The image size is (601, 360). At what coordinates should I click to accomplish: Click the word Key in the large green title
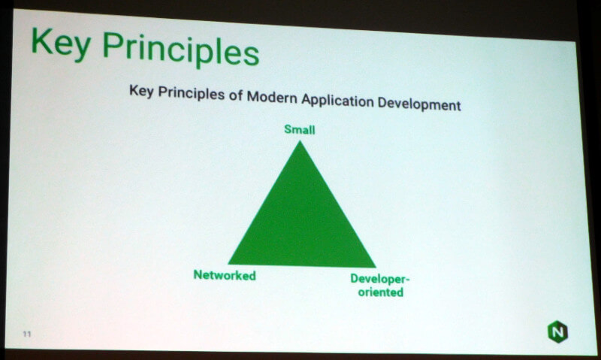tap(62, 44)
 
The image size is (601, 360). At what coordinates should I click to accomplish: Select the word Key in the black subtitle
tap(141, 91)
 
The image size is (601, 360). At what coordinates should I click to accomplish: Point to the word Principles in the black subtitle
tap(192, 93)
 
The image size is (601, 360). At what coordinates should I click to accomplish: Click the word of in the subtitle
tap(236, 95)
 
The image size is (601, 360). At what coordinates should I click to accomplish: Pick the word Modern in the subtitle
tap(272, 97)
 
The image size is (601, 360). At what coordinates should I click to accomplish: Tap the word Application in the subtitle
tap(337, 101)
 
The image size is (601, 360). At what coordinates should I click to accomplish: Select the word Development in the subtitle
tap(419, 104)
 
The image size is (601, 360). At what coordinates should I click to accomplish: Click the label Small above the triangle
tap(300, 129)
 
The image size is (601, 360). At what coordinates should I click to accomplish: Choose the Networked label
tap(225, 275)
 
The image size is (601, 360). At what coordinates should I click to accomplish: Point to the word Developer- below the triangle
tap(380, 279)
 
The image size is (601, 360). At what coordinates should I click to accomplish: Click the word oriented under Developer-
tap(381, 292)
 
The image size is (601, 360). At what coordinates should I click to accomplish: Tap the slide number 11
tap(27, 334)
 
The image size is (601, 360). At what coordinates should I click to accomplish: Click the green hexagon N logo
tap(557, 331)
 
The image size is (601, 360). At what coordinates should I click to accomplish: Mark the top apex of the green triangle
tap(300, 141)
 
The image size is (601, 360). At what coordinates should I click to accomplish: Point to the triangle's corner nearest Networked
tap(229, 264)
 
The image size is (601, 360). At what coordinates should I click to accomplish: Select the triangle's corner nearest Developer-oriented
tap(375, 267)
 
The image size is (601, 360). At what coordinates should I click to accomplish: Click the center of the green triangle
tap(301, 224)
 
